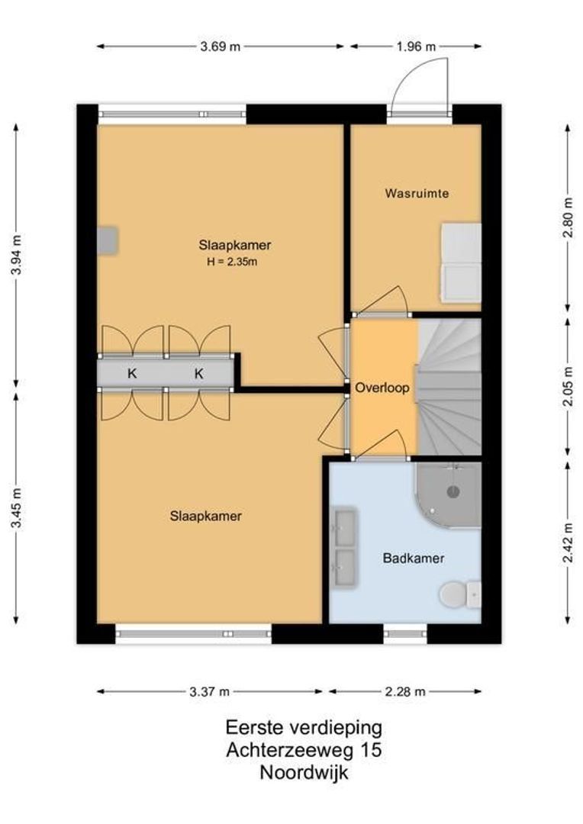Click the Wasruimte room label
pyautogui.click(x=417, y=193)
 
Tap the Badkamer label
pyautogui.click(x=414, y=558)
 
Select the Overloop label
pyautogui.click(x=382, y=388)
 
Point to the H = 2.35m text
pyautogui.click(x=232, y=262)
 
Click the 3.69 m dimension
pyautogui.click(x=221, y=47)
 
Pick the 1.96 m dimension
pyautogui.click(x=416, y=47)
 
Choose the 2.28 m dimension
pyautogui.click(x=405, y=691)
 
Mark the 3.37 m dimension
pyautogui.click(x=210, y=691)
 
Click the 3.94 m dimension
pyautogui.click(x=17, y=254)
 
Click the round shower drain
pyautogui.click(x=453, y=492)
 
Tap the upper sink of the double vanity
pyautogui.click(x=346, y=526)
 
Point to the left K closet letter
pyautogui.click(x=133, y=374)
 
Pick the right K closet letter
pyautogui.click(x=198, y=374)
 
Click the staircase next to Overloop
pyautogui.click(x=449, y=387)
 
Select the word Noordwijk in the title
pyautogui.click(x=304, y=772)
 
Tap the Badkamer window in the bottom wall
pyautogui.click(x=404, y=633)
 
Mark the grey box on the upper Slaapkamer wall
pyautogui.click(x=108, y=240)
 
